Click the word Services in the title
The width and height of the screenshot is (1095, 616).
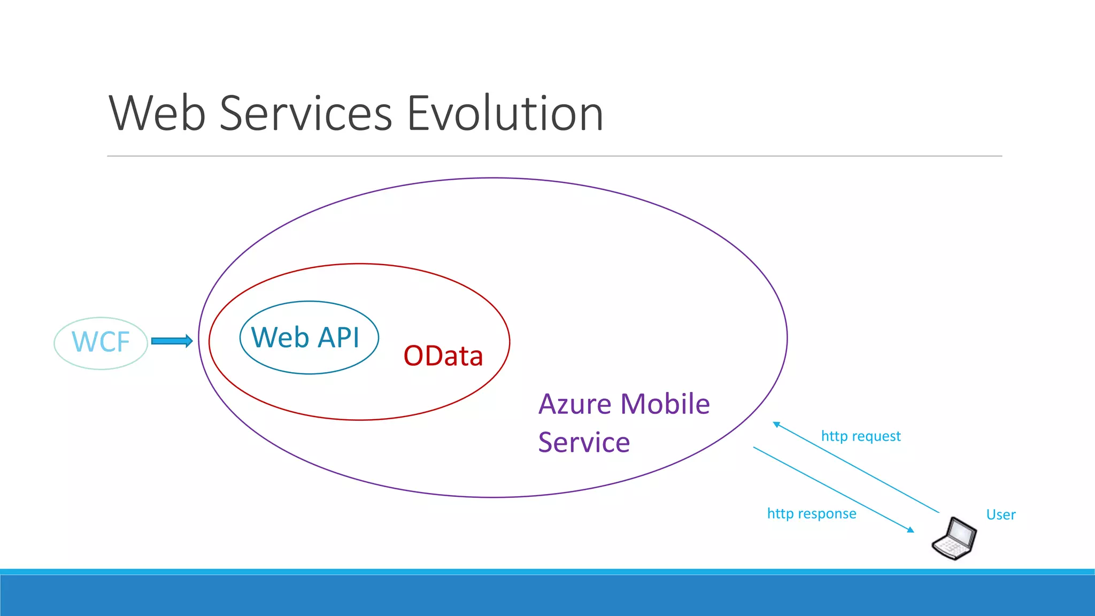[x=306, y=113]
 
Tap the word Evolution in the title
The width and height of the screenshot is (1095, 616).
[x=505, y=113]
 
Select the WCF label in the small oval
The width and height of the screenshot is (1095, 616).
[x=101, y=342]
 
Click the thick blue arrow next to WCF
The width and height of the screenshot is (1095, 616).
[x=172, y=341]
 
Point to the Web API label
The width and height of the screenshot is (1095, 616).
[x=305, y=337]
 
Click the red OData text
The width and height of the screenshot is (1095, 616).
[x=443, y=356]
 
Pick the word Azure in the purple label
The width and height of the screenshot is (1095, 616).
[x=575, y=404]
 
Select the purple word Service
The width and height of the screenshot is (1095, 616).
[x=584, y=443]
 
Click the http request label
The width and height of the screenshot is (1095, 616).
[x=861, y=436]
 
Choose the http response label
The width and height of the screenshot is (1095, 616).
[x=812, y=514]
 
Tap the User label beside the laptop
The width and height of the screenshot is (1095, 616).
[x=1001, y=515]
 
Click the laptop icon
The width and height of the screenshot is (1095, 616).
[x=954, y=539]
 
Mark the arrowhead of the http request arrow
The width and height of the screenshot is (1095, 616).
[x=776, y=425]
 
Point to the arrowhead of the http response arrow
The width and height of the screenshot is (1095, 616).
[x=911, y=530]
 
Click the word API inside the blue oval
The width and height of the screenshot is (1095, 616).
[x=339, y=337]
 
